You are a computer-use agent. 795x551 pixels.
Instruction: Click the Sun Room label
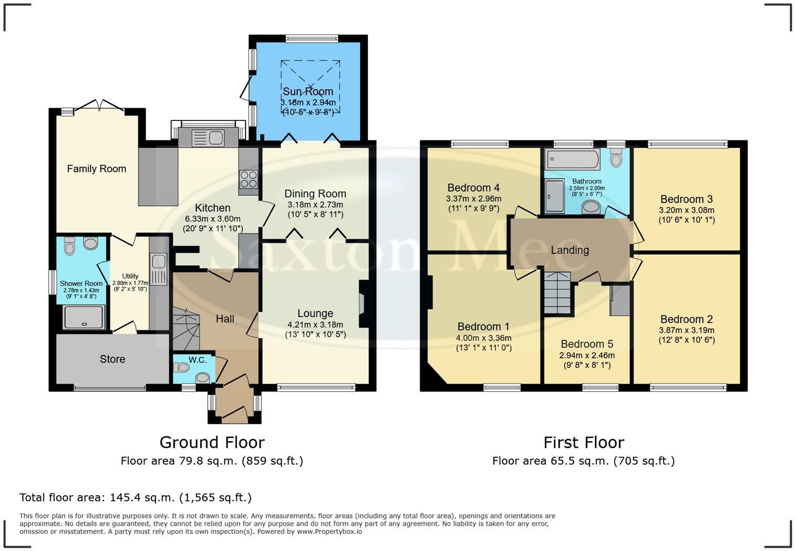coord(308,91)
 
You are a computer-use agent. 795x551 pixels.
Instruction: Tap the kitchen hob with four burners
coord(249,179)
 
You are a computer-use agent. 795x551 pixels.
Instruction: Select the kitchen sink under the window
coord(209,138)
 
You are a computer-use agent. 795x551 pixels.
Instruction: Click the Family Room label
coord(96,169)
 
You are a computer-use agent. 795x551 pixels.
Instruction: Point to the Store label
coord(113,359)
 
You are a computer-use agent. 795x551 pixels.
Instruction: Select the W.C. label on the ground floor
coord(198,360)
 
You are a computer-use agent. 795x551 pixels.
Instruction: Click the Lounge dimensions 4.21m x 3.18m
coord(315,324)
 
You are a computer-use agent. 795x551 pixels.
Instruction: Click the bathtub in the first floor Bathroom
coord(572,159)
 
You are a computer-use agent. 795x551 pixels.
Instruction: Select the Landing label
coord(570,250)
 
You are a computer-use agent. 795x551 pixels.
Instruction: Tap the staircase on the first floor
coord(557,293)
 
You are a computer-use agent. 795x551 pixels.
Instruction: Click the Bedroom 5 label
coord(587,344)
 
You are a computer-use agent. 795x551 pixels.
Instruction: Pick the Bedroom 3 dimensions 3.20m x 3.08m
coord(687,210)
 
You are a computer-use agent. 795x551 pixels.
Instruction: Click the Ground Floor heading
coord(212,442)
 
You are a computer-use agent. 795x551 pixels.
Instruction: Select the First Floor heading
coord(584,442)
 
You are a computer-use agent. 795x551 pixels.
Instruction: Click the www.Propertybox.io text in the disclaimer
coord(329,532)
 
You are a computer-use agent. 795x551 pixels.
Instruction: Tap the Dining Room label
coord(315,194)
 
